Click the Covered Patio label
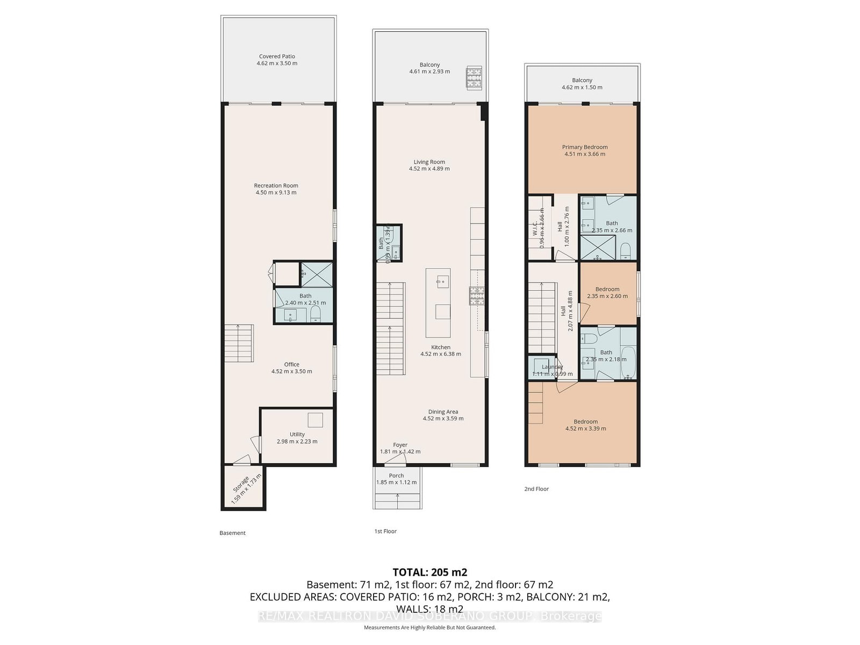pyautogui.click(x=277, y=56)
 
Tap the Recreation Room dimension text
pyautogui.click(x=276, y=192)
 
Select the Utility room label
pyautogui.click(x=297, y=434)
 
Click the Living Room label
pyautogui.click(x=429, y=162)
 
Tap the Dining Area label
pyautogui.click(x=443, y=412)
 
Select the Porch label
pyautogui.click(x=396, y=476)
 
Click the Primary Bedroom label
pyautogui.click(x=585, y=147)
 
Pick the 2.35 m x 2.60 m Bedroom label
pyautogui.click(x=607, y=289)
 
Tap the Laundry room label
pyautogui.click(x=552, y=367)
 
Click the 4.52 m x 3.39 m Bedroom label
pyautogui.click(x=585, y=422)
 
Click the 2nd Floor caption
pyautogui.click(x=536, y=489)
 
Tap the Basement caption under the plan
pyautogui.click(x=232, y=533)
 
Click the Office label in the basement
pyautogui.click(x=291, y=364)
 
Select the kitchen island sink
pyautogui.click(x=442, y=281)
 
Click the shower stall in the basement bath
pyautogui.click(x=316, y=274)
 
